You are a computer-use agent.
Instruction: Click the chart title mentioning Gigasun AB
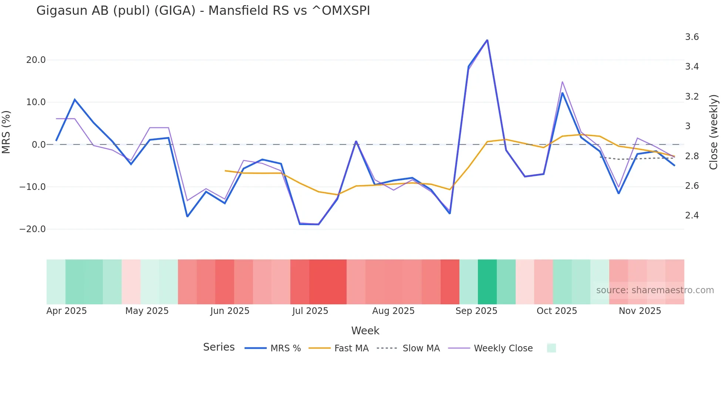pos(203,11)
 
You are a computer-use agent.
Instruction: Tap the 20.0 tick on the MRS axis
pos(36,60)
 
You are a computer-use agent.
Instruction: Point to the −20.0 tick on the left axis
pos(33,229)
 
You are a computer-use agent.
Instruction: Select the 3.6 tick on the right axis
pos(692,37)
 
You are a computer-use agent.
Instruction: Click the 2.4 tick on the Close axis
pos(692,215)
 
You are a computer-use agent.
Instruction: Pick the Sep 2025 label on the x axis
pos(476,311)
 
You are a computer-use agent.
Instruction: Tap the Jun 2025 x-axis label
pos(230,311)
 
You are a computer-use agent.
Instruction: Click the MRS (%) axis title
pos(6,132)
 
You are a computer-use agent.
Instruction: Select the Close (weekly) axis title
pos(714,132)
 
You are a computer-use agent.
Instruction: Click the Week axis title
pos(365,331)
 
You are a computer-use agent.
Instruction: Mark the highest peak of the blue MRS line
pos(487,40)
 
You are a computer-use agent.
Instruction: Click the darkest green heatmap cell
pos(487,282)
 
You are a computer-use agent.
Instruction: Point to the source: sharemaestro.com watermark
pos(655,290)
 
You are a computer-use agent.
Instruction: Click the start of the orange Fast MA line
pos(225,171)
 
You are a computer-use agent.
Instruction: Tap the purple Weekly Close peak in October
pos(562,82)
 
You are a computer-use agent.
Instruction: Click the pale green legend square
pos(551,348)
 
